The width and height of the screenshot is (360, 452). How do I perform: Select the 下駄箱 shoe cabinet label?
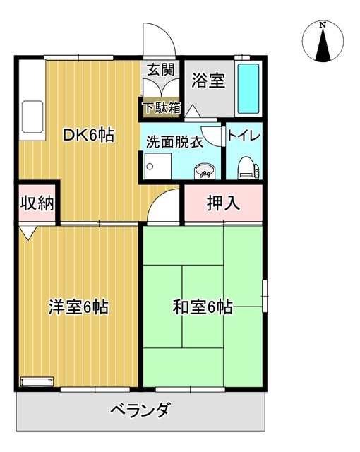pyautogui.click(x=162, y=108)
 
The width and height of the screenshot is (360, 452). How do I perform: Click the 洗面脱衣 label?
pyautogui.click(x=174, y=141)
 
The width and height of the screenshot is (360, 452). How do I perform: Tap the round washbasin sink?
pyautogui.click(x=205, y=170)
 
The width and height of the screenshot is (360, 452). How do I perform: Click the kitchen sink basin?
pyautogui.click(x=33, y=113)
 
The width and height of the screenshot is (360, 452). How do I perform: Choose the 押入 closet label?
pyautogui.click(x=223, y=203)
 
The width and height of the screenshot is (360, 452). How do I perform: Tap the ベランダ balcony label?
pyautogui.click(x=140, y=410)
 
